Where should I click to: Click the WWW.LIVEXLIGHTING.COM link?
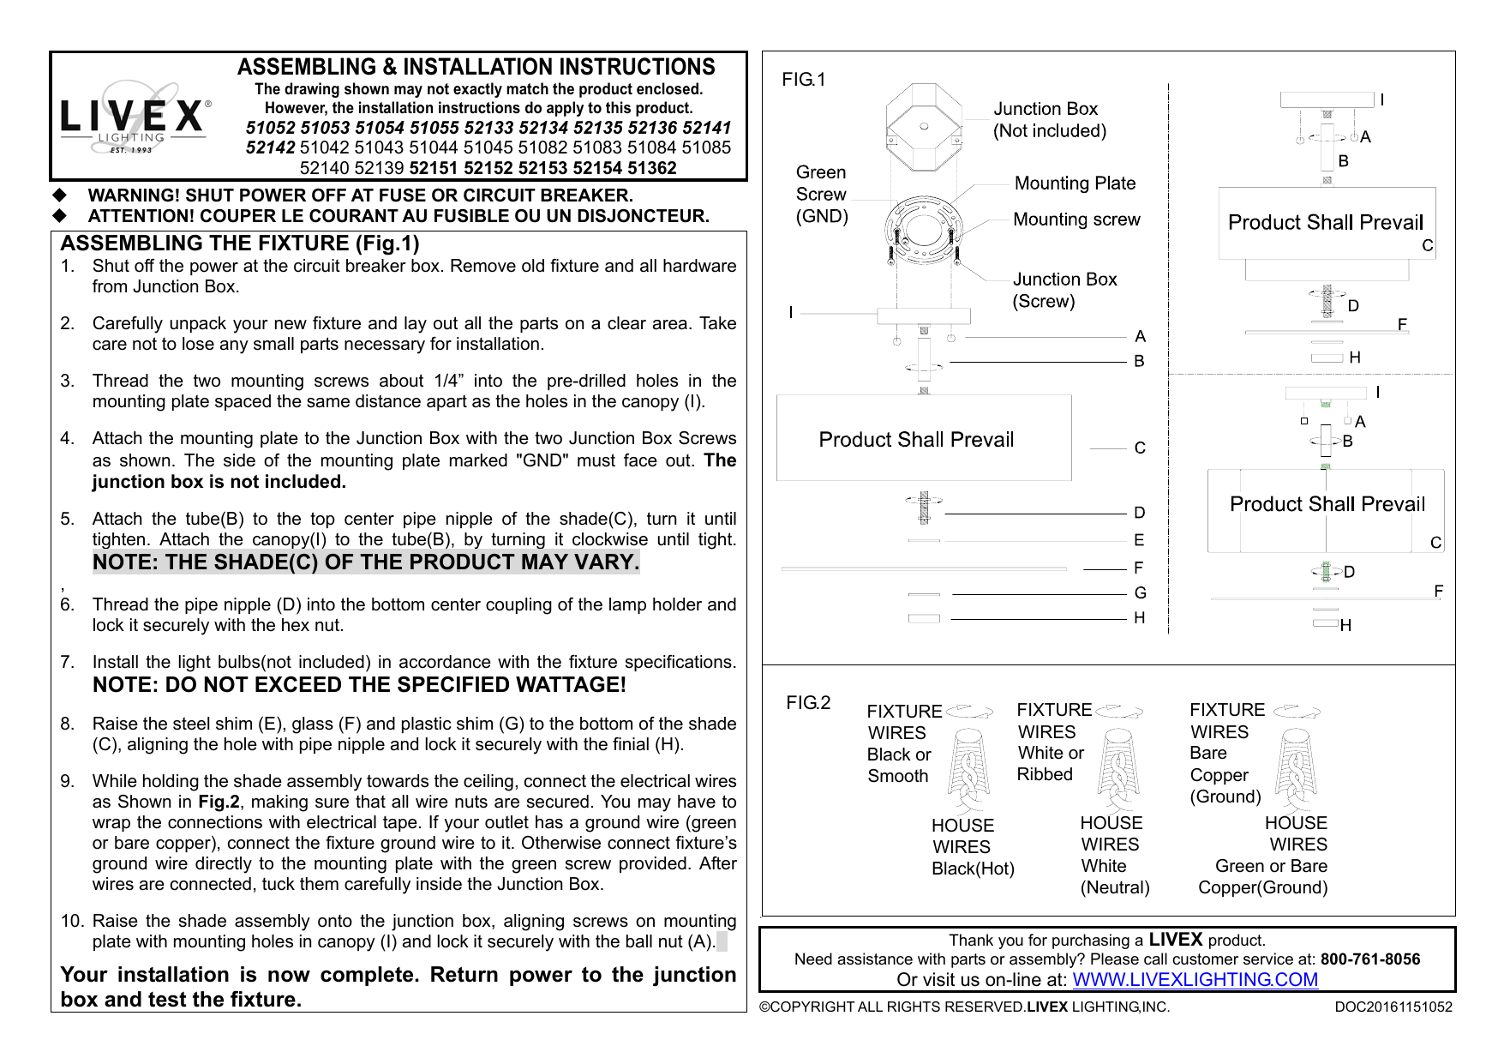pyautogui.click(x=1195, y=980)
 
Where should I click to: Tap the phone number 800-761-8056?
pyautogui.click(x=1369, y=959)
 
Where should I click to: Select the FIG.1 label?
pyautogui.click(x=803, y=80)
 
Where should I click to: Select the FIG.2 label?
pyautogui.click(x=808, y=703)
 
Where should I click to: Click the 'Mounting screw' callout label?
pyautogui.click(x=1076, y=219)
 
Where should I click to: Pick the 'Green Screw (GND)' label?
pyautogui.click(x=821, y=195)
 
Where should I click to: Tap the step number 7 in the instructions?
pyautogui.click(x=67, y=662)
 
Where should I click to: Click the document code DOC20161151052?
pyautogui.click(x=1393, y=1007)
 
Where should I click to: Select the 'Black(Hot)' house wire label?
pyautogui.click(x=973, y=869)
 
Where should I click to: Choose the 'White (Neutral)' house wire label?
pyautogui.click(x=1114, y=877)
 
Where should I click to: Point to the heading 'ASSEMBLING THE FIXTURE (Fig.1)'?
pyautogui.click(x=240, y=243)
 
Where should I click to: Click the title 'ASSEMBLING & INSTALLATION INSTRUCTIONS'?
pyautogui.click(x=476, y=67)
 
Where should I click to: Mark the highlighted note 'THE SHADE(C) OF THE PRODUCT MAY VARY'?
pyautogui.click(x=366, y=562)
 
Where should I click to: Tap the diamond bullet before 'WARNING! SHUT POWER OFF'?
pyautogui.click(x=60, y=195)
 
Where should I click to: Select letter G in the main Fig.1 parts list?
pyautogui.click(x=1140, y=593)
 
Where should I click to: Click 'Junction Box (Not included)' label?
pyautogui.click(x=1049, y=120)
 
